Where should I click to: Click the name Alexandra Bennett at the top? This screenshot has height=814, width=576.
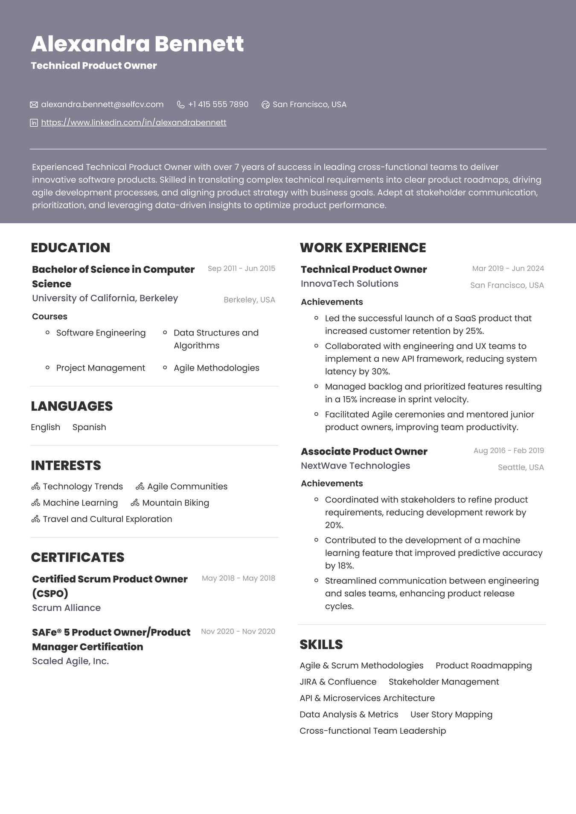click(x=137, y=44)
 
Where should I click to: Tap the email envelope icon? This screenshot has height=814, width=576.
click(x=34, y=105)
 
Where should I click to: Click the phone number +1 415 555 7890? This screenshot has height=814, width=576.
click(x=218, y=105)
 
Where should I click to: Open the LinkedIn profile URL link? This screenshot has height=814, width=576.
click(x=134, y=123)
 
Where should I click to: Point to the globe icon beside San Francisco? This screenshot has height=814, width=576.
click(x=265, y=105)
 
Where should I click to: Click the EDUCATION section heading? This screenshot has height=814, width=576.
click(x=70, y=248)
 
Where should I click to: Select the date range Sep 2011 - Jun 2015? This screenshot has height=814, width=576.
click(x=241, y=268)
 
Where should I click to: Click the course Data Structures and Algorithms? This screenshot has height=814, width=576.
click(x=216, y=339)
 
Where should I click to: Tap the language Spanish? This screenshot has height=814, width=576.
click(x=89, y=427)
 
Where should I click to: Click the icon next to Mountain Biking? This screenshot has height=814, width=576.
click(x=135, y=503)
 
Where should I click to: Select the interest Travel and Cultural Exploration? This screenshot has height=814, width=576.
click(x=108, y=519)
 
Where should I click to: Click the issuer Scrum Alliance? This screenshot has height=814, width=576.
click(x=66, y=608)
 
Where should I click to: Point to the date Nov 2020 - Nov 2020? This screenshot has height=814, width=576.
click(x=238, y=631)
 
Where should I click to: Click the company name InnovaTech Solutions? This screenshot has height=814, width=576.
click(x=349, y=284)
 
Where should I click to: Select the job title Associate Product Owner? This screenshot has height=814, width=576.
click(x=364, y=452)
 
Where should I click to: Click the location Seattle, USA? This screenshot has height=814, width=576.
click(x=521, y=467)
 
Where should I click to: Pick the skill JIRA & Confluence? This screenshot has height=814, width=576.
click(x=338, y=682)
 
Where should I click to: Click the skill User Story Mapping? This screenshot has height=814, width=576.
click(x=451, y=715)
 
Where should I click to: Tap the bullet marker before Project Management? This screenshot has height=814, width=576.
click(x=47, y=368)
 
